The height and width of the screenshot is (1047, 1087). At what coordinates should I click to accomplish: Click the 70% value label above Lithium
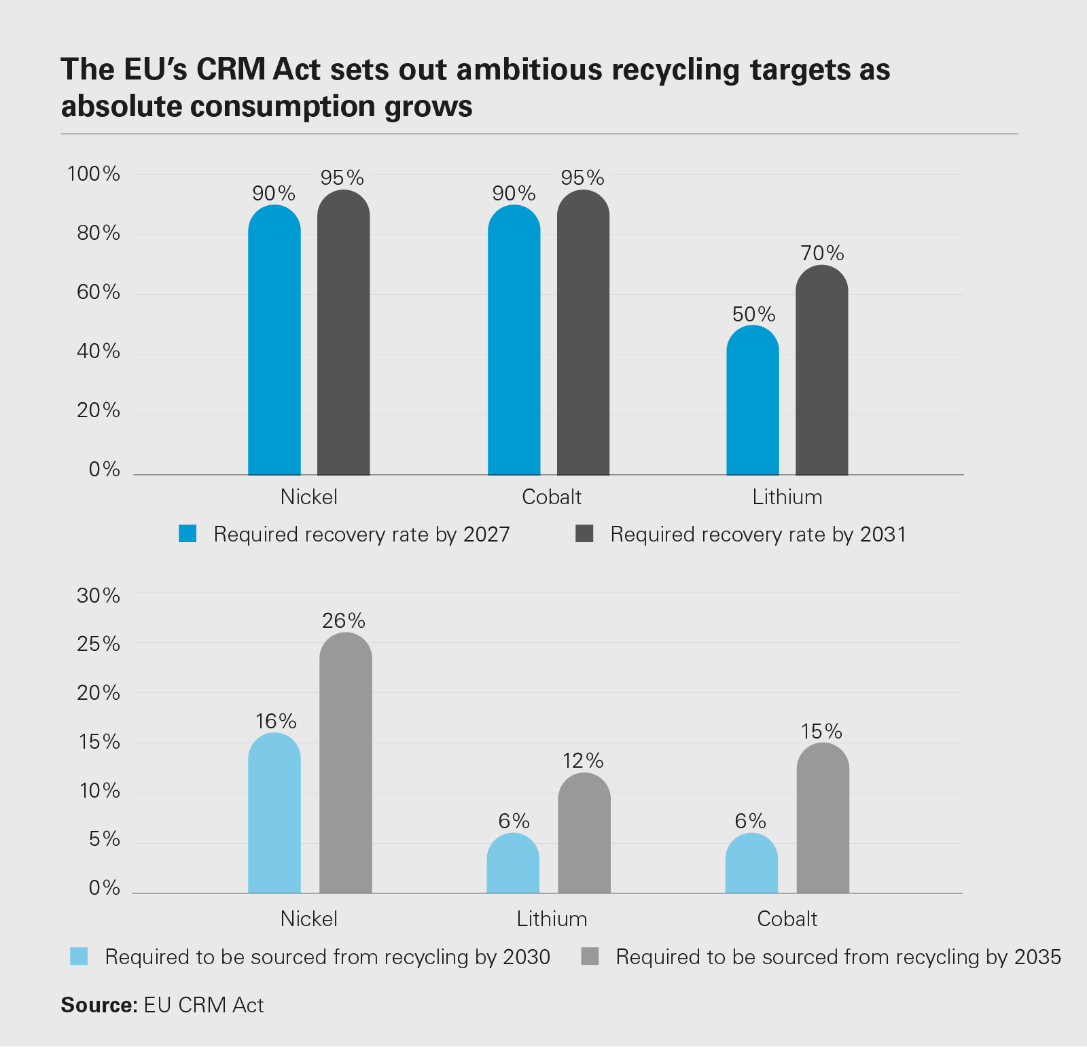click(x=822, y=253)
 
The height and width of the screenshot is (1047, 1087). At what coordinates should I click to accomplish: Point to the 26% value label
click(x=344, y=620)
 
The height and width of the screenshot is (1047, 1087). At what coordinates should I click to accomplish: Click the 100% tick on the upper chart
click(x=93, y=174)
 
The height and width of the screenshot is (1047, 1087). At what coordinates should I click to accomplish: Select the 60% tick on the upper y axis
click(x=98, y=292)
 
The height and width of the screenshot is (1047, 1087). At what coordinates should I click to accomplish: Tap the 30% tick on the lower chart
click(x=98, y=596)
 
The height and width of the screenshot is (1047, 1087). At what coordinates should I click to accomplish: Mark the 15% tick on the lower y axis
click(x=99, y=742)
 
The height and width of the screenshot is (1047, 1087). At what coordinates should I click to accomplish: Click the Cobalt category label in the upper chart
click(x=552, y=497)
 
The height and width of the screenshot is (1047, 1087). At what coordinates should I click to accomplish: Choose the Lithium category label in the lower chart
click(x=552, y=919)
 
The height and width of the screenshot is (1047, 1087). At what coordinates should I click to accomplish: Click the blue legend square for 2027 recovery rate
click(x=188, y=533)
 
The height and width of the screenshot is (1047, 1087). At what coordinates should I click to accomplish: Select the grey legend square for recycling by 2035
click(x=590, y=957)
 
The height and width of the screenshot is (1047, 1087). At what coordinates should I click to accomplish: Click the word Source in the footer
click(x=99, y=1005)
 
